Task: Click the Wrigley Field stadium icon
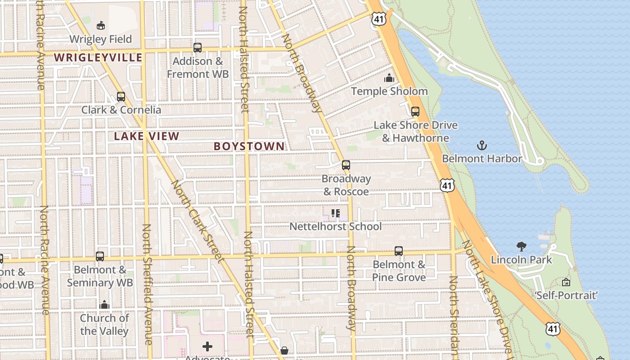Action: pos(101,26)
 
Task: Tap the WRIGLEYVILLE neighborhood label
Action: pos(98,58)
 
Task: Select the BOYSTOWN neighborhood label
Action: pos(249,146)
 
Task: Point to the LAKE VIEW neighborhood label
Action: pos(146,136)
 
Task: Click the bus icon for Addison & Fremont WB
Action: pos(197,47)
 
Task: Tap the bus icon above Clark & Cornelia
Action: pos(121,96)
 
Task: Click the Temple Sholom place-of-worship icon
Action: pos(389,78)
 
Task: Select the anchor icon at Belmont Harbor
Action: pos(482,145)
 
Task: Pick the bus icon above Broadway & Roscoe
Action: pos(346,165)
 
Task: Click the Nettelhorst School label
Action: pos(335,226)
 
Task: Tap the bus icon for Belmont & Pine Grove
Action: pos(398,251)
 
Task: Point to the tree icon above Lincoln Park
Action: pos(521,246)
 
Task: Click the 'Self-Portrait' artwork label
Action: pos(566,295)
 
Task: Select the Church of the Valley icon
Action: pos(104,305)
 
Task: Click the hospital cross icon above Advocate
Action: pos(207,346)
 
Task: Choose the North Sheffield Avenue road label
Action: pos(148,284)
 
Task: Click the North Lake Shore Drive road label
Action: pos(488,297)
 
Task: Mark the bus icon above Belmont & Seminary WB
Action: pos(100,256)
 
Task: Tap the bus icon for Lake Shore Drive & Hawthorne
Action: pos(415,111)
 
